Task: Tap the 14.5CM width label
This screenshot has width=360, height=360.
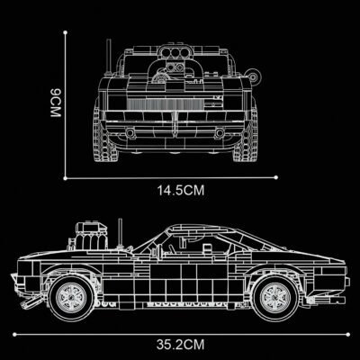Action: point(178,190)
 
